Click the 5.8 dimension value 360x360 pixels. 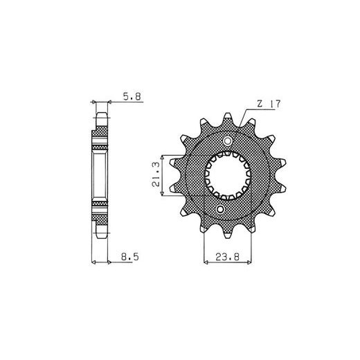tap(132, 97)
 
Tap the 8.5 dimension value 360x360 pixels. tap(130, 257)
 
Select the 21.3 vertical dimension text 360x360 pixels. tap(156, 174)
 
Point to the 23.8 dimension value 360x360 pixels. tap(227, 257)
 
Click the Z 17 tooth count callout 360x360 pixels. tap(269, 104)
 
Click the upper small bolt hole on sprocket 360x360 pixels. tap(228, 141)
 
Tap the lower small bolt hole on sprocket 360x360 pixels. tap(220, 210)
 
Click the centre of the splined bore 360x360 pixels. tap(228, 175)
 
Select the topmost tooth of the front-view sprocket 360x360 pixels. tap(228, 118)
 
